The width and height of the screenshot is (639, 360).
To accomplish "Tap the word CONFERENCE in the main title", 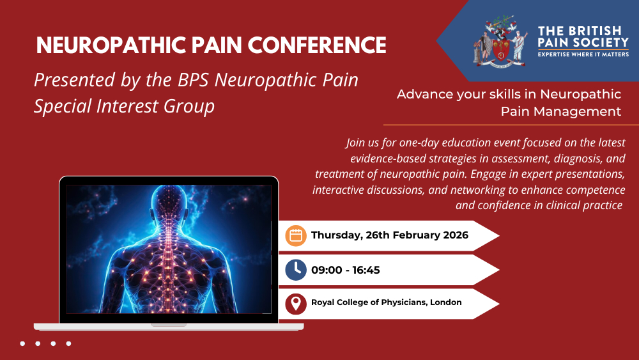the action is click(x=317, y=45).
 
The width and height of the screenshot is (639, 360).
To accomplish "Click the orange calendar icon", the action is click(x=296, y=236).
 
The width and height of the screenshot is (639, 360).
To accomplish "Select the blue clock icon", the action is click(x=296, y=270).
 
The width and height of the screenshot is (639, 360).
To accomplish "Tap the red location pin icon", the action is click(x=296, y=304).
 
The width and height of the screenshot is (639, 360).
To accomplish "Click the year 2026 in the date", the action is click(x=456, y=235).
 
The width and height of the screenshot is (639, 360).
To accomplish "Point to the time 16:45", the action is click(x=366, y=270).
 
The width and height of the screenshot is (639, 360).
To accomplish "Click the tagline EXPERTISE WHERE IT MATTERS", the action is click(x=583, y=54).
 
